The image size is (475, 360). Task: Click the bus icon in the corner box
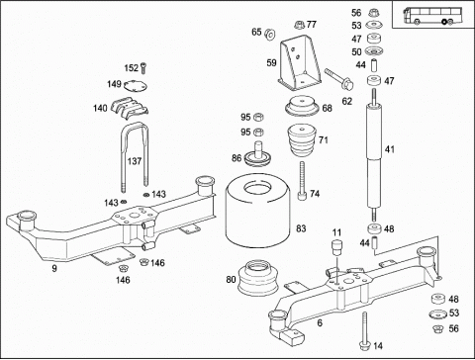pyautogui.click(x=432, y=16)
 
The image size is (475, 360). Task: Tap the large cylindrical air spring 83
pyautogui.click(x=258, y=211)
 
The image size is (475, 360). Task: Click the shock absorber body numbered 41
pyautogui.click(x=374, y=155)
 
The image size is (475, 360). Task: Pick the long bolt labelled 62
pyautogui.click(x=338, y=79)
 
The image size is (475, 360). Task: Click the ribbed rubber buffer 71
pyautogui.click(x=302, y=140)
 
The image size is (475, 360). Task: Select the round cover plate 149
pyautogui.click(x=136, y=86)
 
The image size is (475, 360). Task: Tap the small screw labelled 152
pyautogui.click(x=142, y=68)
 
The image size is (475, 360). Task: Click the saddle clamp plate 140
pyautogui.click(x=130, y=106)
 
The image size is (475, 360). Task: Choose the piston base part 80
pyautogui.click(x=258, y=278)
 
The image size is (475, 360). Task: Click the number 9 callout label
pyautogui.click(x=54, y=268)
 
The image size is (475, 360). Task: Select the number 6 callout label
pyautogui.click(x=320, y=323)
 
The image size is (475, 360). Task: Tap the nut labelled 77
pyautogui.click(x=299, y=25)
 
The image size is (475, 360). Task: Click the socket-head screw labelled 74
pyautogui.click(x=302, y=180)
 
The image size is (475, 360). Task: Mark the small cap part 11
pyautogui.click(x=336, y=247)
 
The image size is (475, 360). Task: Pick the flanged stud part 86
pyautogui.click(x=258, y=154)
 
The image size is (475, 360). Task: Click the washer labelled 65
pyautogui.click(x=270, y=34)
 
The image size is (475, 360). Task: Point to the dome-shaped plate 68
pyautogui.click(x=302, y=106)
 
